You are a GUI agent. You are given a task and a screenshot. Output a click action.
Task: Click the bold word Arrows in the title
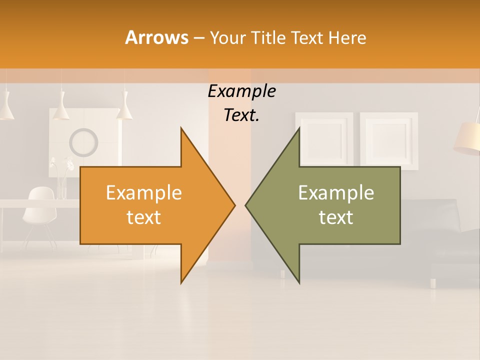[156, 37]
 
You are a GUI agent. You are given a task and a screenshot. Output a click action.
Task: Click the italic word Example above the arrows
[241, 91]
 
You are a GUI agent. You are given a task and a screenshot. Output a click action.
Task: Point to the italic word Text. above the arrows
[241, 115]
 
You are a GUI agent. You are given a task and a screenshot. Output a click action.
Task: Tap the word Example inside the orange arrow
[143, 193]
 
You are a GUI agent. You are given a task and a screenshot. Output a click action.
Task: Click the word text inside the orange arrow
[143, 217]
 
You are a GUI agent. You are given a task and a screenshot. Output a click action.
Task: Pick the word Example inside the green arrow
[336, 193]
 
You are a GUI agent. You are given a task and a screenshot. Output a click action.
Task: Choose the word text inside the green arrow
[336, 217]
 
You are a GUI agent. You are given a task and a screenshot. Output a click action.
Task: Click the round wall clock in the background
[83, 142]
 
